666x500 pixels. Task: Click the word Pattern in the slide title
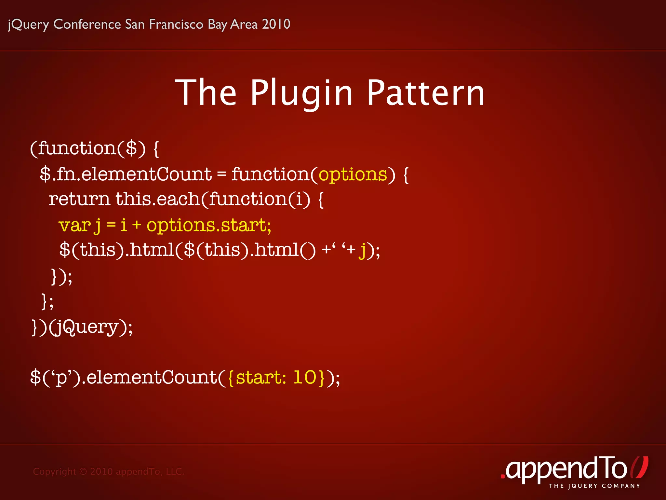pyautogui.click(x=426, y=94)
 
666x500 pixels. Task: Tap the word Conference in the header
pyautogui.click(x=87, y=24)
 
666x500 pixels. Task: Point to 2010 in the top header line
pyautogui.click(x=276, y=24)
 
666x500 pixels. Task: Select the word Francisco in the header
pyautogui.click(x=176, y=24)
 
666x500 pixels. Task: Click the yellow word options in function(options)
pyautogui.click(x=353, y=175)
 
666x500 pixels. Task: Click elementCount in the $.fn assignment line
pyautogui.click(x=146, y=174)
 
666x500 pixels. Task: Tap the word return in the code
pyautogui.click(x=79, y=199)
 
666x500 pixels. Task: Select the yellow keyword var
pyautogui.click(x=74, y=225)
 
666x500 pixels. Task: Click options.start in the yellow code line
pyautogui.click(x=208, y=225)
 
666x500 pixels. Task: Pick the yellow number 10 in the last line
pyautogui.click(x=305, y=377)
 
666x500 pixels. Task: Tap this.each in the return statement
pyautogui.click(x=158, y=199)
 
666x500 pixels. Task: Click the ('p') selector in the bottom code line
pyautogui.click(x=62, y=378)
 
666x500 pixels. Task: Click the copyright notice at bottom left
pyautogui.click(x=109, y=471)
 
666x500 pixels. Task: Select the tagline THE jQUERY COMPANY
pyautogui.click(x=594, y=486)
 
